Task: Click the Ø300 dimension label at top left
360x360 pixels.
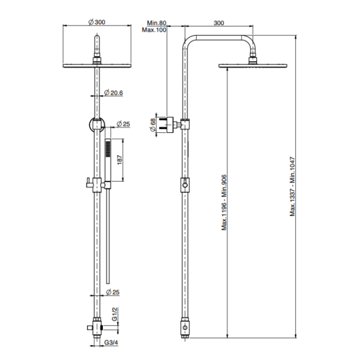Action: (x=97, y=22)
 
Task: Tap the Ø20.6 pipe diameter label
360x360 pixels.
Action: (x=113, y=93)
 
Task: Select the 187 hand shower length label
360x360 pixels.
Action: (x=119, y=159)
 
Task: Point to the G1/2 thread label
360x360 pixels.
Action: (x=114, y=315)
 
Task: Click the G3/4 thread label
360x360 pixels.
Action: (x=111, y=342)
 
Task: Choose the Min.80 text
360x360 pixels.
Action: (x=156, y=23)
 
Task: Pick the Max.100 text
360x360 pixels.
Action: (x=154, y=30)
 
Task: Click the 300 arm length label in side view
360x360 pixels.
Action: (x=219, y=23)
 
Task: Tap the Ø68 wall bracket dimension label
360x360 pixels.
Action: (x=153, y=125)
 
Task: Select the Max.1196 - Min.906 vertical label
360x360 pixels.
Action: (x=224, y=202)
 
